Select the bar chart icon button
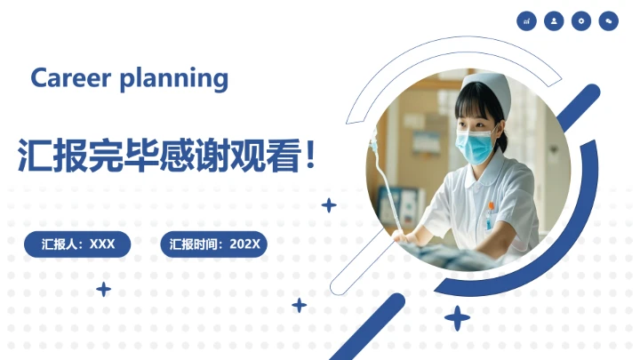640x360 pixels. pos(527,20)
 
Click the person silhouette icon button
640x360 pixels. pos(554,20)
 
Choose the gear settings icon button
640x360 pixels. pos(581,20)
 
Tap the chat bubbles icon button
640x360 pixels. pos(609,20)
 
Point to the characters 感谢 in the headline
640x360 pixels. pos(194,155)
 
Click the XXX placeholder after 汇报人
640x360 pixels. pos(103,244)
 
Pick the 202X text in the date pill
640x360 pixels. pos(244,244)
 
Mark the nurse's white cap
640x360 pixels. pos(485,89)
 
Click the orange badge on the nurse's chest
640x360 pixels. pos(490,206)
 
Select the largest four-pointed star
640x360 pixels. pos(457,317)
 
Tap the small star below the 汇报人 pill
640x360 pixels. pos(104,289)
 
